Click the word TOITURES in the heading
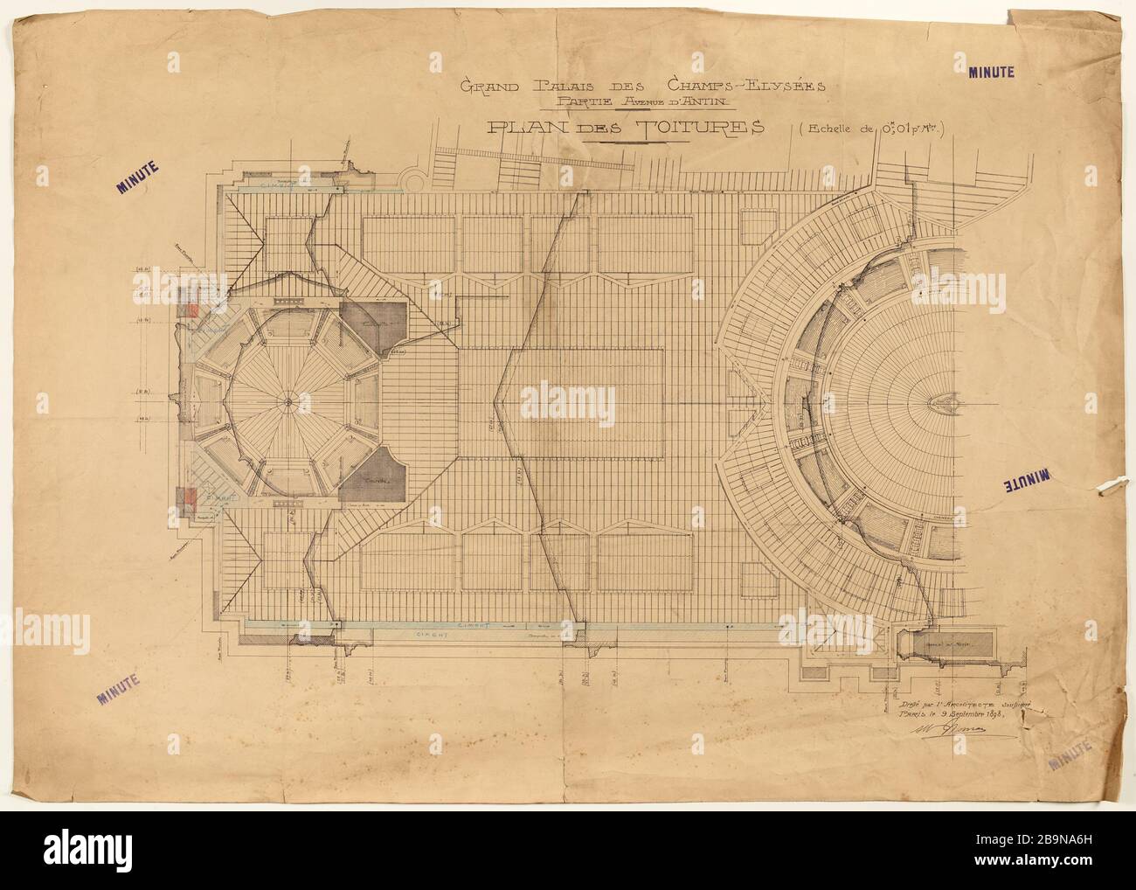(x=695, y=128)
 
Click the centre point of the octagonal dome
(x=287, y=400)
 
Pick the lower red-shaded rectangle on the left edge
(x=187, y=495)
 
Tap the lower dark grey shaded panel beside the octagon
(x=374, y=479)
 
